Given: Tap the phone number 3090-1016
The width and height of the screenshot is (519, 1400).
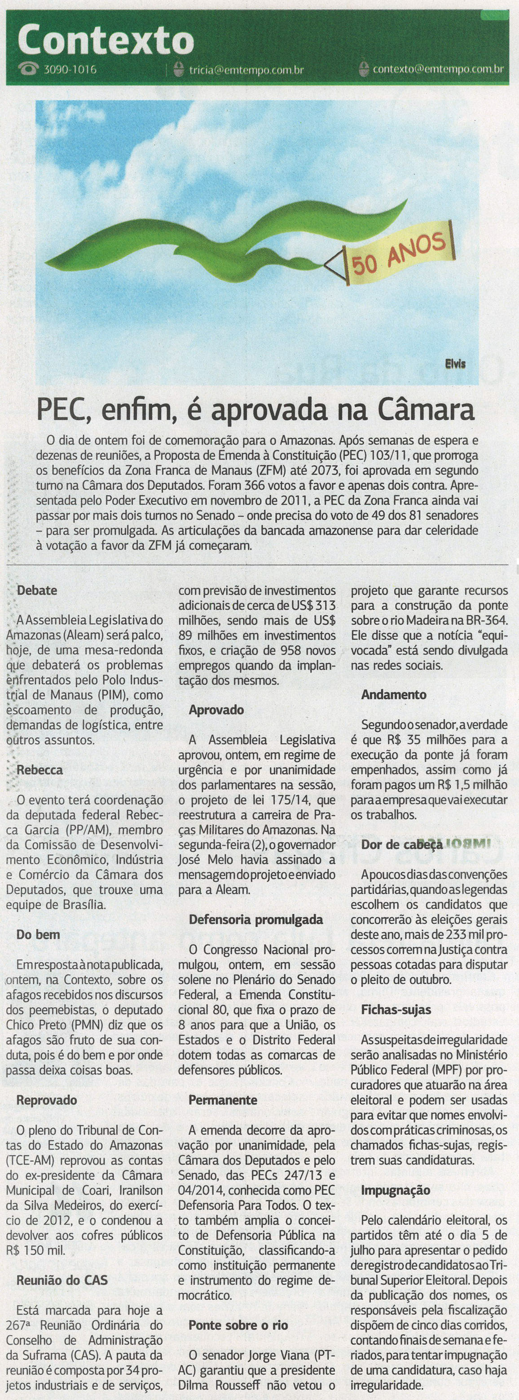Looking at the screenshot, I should [70, 70].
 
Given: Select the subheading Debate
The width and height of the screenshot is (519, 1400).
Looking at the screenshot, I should [37, 590].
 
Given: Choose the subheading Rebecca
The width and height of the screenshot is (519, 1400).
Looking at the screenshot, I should [40, 770].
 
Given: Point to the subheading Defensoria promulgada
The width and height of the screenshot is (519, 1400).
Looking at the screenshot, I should [256, 920].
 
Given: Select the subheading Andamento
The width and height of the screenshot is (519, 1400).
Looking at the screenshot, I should [394, 694].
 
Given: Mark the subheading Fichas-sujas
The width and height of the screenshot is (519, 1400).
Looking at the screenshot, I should [396, 1010].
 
